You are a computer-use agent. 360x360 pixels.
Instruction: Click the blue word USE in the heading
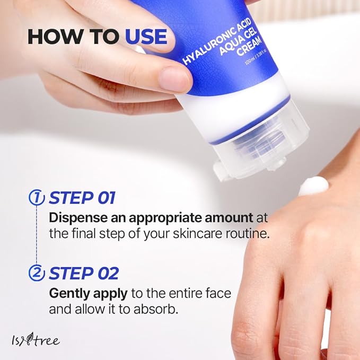pyautogui.click(x=146, y=37)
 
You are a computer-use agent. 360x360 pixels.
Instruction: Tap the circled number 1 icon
pyautogui.click(x=36, y=198)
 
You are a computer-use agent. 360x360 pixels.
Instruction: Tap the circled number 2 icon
pyautogui.click(x=36, y=274)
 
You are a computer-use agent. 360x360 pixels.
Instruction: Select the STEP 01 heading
pyautogui.click(x=82, y=198)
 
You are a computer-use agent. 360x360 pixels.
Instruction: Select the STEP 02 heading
pyautogui.click(x=83, y=274)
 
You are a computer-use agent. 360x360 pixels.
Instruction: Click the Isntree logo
pyautogui.click(x=37, y=340)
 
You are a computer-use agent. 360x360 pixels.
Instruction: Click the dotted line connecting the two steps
pyautogui.click(x=36, y=236)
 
